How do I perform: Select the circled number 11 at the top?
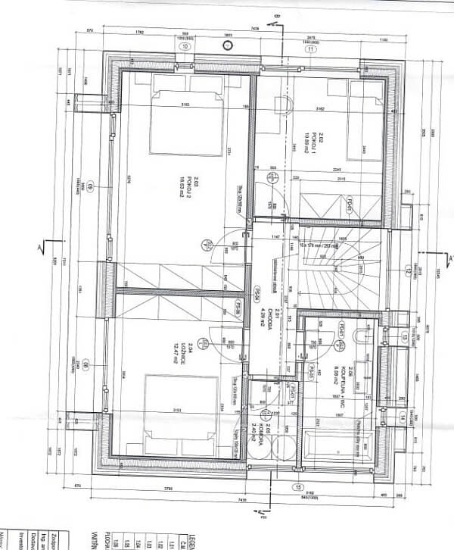point(309,49)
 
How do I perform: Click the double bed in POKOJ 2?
point(185,122)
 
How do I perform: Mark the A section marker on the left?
point(43,246)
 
